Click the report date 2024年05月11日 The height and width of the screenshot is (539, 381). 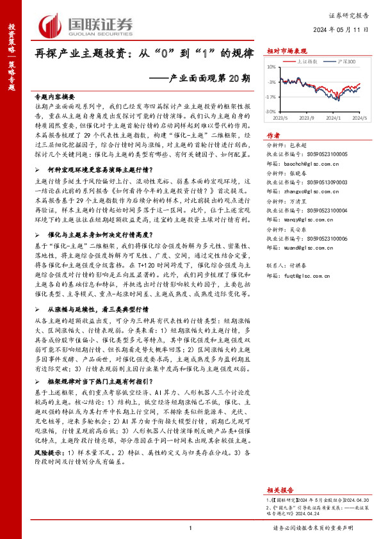tap(342, 29)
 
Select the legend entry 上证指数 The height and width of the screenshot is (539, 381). tap(309, 62)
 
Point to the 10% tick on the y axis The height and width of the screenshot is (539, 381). tap(272, 67)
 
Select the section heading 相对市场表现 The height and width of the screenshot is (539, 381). tap(287, 51)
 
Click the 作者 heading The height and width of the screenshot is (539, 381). tap(273, 136)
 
